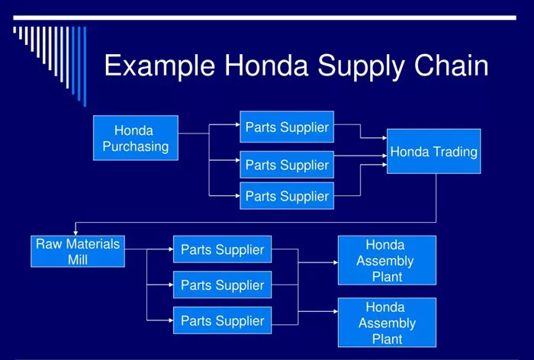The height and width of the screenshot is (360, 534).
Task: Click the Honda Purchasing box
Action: tap(136, 138)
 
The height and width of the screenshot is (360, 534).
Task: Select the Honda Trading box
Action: tap(434, 151)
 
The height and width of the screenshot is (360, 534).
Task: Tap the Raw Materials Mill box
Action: tap(78, 252)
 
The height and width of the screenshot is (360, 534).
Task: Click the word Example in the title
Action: tap(159, 66)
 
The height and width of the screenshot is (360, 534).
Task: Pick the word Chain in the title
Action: tap(452, 65)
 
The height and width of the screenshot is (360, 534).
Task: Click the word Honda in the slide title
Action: tap(266, 65)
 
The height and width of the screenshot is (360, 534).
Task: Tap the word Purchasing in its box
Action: tap(136, 146)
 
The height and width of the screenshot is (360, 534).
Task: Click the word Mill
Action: tap(78, 259)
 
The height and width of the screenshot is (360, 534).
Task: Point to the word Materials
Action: tap(93, 244)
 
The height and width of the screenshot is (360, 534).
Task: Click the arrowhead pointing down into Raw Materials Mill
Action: tap(76, 233)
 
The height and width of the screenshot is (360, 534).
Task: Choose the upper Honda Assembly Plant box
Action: tap(387, 260)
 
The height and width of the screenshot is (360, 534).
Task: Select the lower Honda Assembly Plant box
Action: tap(387, 323)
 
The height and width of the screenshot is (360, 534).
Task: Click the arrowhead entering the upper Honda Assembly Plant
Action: tap(336, 262)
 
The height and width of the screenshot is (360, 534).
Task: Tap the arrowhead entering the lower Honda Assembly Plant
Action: tap(336, 311)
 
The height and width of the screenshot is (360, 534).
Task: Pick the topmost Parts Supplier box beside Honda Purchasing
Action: tap(287, 127)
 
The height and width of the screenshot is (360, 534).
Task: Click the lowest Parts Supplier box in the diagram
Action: tap(223, 320)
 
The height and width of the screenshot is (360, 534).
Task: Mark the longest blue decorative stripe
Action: tap(85, 66)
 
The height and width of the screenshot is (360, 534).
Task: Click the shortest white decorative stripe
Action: tap(14, 30)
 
